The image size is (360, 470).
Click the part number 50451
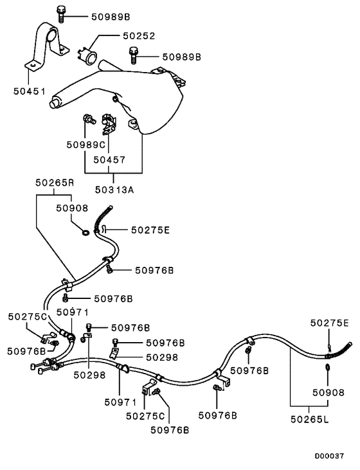[x=29, y=91]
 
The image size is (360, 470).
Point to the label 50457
[x=109, y=159]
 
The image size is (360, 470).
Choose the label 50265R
[x=54, y=183]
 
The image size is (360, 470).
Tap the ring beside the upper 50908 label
[x=85, y=230]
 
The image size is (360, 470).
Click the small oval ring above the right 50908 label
[x=327, y=367]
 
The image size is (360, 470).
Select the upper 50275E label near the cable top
[x=150, y=229]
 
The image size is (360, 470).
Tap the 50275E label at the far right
[x=330, y=323]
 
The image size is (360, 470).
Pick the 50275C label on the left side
[x=27, y=316]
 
